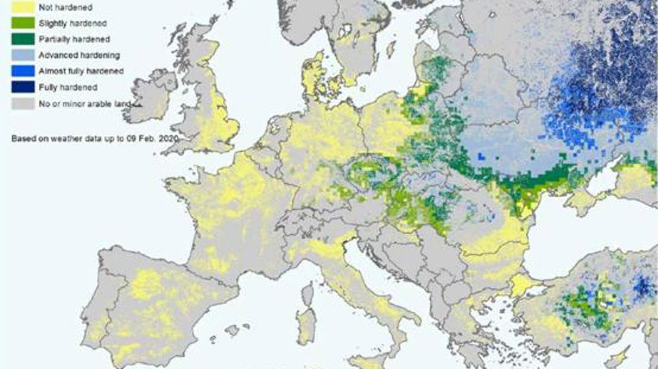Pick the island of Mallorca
(230, 330)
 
